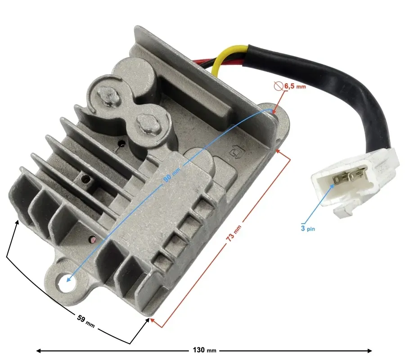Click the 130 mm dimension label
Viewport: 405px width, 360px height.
click(x=204, y=350)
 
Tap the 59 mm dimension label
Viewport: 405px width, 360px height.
click(x=86, y=321)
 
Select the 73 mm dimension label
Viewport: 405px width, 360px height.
click(x=234, y=233)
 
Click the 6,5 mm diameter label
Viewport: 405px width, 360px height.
click(x=295, y=86)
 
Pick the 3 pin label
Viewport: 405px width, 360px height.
click(x=308, y=228)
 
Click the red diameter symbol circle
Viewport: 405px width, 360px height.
click(x=279, y=86)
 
